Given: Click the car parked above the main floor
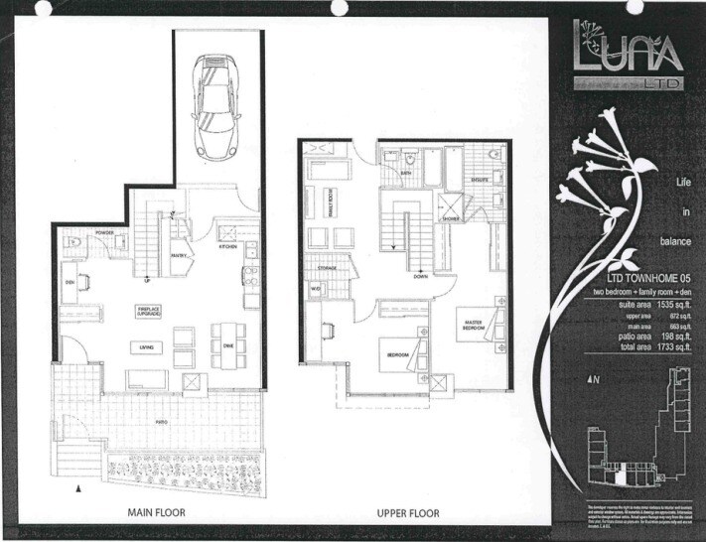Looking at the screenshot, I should click(x=217, y=106).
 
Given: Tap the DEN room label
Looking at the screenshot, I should click(x=70, y=283).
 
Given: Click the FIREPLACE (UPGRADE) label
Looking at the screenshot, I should click(x=150, y=312).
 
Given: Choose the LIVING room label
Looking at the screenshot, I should click(x=146, y=346).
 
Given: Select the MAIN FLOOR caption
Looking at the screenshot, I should click(x=156, y=513).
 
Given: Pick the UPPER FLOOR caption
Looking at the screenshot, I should click(x=408, y=513).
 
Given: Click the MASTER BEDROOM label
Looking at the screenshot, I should click(x=471, y=326).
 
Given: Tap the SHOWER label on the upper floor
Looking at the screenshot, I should click(x=450, y=218).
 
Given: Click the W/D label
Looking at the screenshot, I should click(x=317, y=289).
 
